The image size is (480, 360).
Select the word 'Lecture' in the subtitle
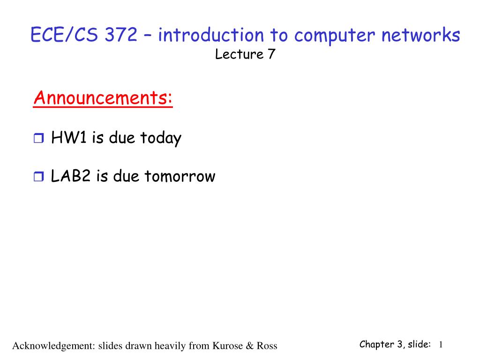point(239,55)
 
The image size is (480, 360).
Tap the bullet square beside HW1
point(38,138)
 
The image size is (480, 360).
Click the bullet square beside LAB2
point(38,177)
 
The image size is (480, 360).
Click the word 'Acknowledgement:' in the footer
point(53,346)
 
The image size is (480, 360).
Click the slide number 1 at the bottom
point(441,345)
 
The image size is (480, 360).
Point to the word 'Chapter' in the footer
point(376,345)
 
